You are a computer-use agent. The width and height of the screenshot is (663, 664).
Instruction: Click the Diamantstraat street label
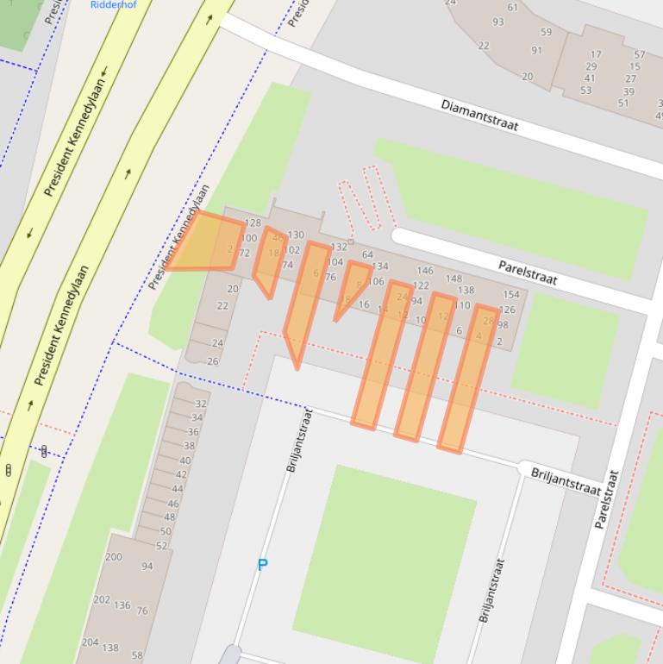(x=479, y=115)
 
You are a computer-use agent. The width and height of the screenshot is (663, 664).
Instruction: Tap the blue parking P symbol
(x=263, y=565)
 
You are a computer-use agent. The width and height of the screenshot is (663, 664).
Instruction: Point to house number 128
(x=253, y=223)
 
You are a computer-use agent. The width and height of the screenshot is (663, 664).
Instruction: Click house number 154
(x=510, y=295)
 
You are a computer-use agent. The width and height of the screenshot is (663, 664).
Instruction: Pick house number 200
(x=114, y=557)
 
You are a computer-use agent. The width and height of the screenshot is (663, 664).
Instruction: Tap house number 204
(x=90, y=642)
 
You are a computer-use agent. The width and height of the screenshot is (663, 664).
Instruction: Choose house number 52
(x=162, y=547)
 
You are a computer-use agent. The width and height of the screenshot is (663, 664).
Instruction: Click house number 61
(x=513, y=8)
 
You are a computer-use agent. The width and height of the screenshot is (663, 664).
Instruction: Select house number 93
(x=498, y=22)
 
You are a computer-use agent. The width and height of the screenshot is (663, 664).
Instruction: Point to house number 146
(x=425, y=271)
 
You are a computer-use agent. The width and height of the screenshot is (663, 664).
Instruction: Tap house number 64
(x=367, y=254)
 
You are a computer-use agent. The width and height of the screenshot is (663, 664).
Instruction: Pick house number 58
(x=137, y=656)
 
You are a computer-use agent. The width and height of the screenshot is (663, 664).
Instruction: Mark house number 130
(x=296, y=235)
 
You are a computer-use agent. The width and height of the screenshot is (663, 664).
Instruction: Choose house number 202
(x=102, y=600)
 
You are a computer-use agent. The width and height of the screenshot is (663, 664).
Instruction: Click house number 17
(x=596, y=54)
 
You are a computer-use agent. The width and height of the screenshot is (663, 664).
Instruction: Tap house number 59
(x=546, y=33)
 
